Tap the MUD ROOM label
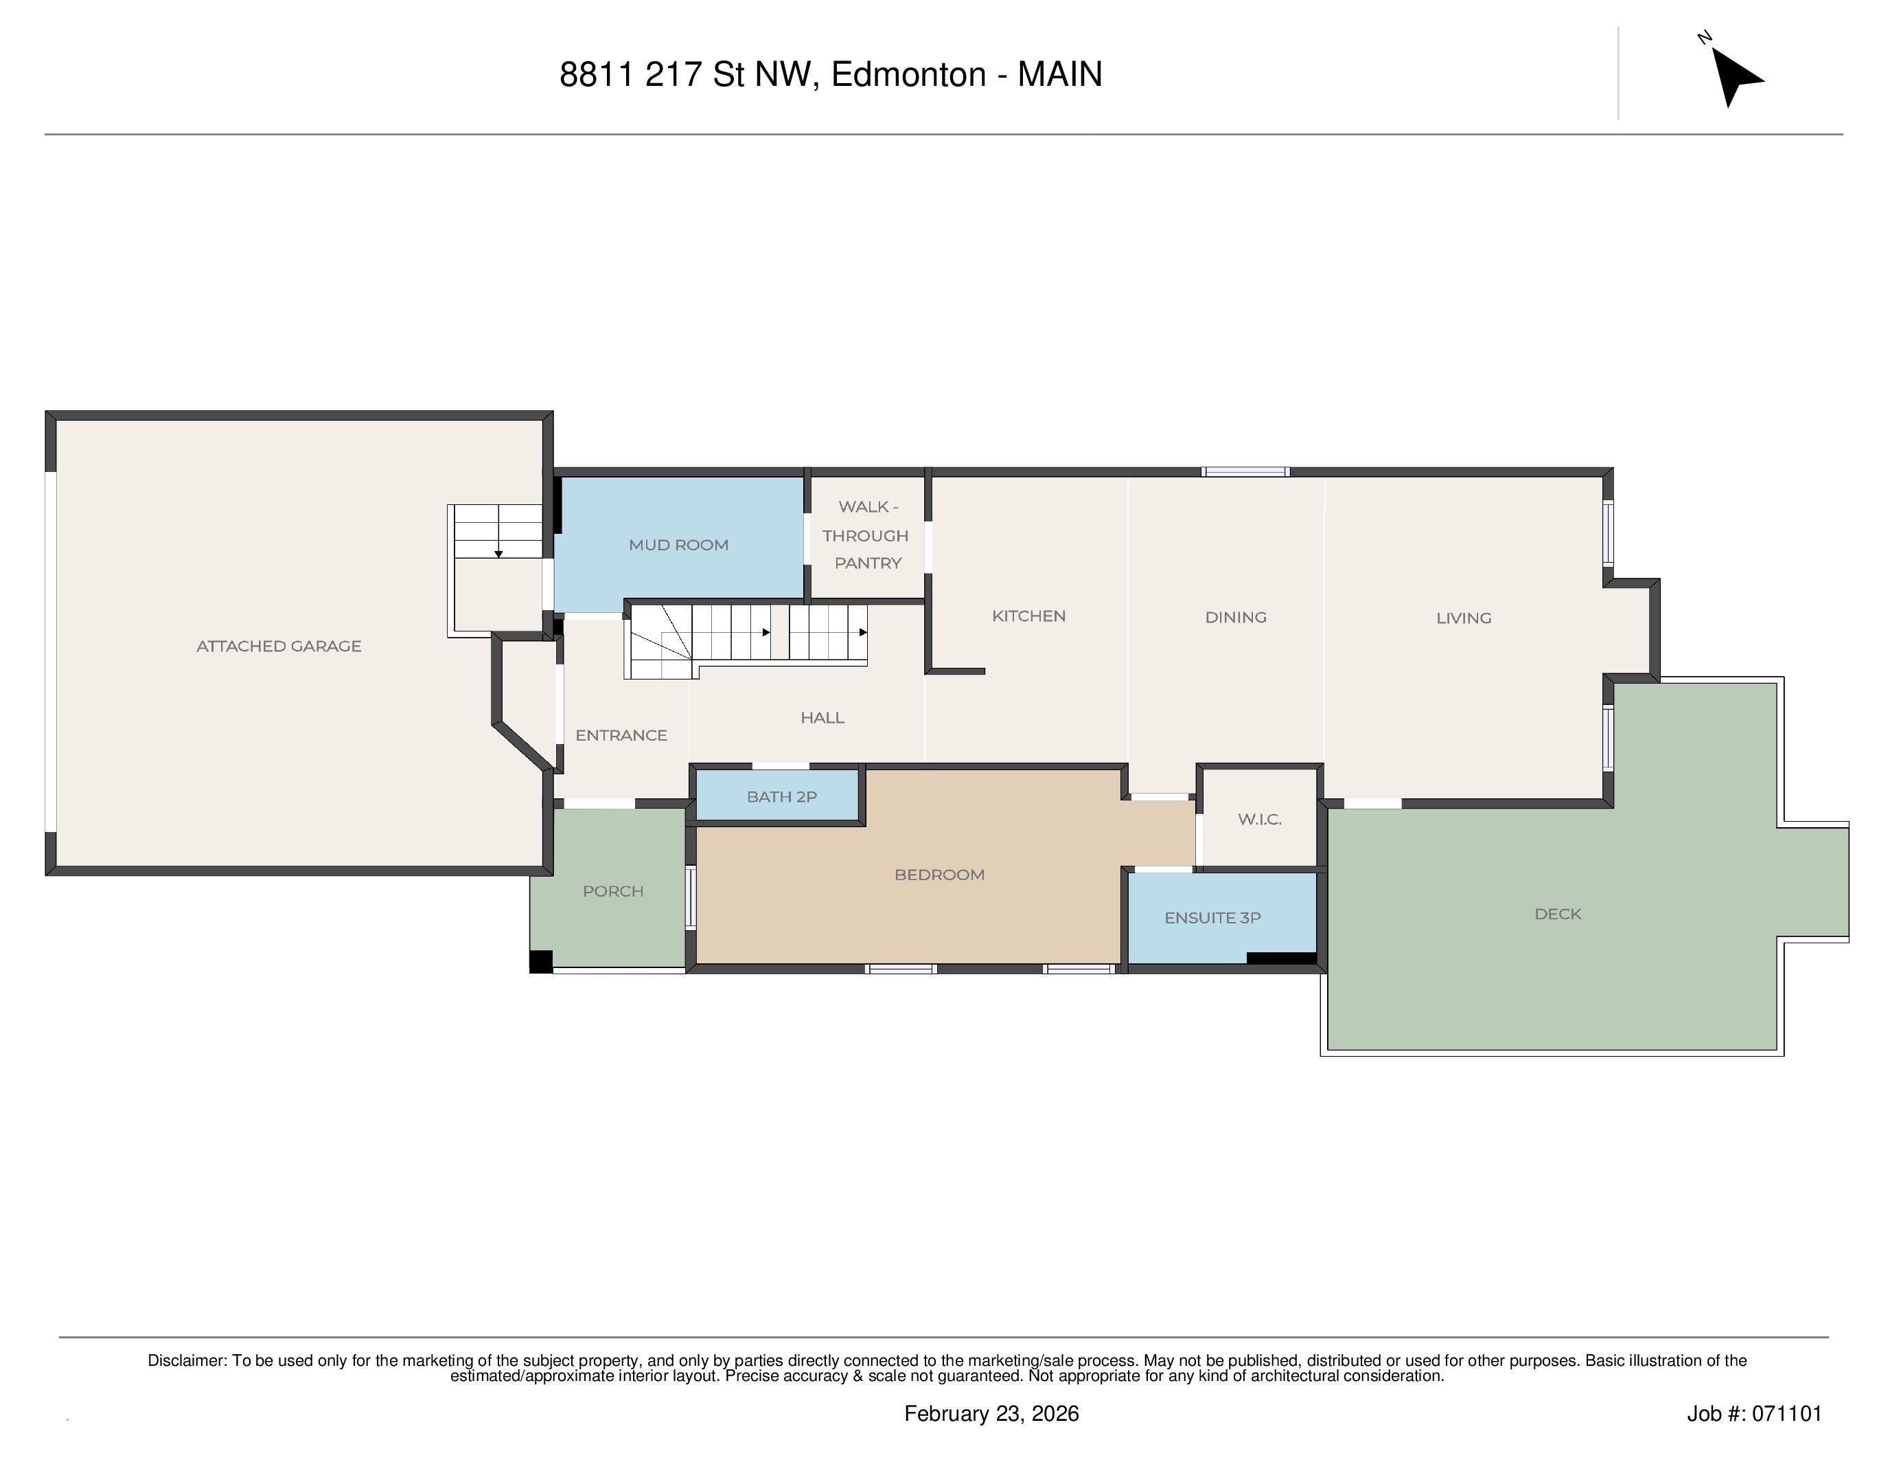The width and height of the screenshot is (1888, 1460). (678, 545)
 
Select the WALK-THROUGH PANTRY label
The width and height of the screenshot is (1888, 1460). (866, 535)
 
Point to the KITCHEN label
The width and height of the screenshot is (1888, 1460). (1028, 616)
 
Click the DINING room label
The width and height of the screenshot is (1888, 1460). (1235, 617)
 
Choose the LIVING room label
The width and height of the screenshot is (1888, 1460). (1464, 618)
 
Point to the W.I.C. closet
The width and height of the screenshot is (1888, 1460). (1260, 818)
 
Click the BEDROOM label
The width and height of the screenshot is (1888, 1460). (940, 875)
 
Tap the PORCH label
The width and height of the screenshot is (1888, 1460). (613, 891)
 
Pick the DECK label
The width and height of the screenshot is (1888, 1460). (1558, 913)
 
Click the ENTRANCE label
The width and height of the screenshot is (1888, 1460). (621, 735)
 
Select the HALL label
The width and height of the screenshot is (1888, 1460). (822, 717)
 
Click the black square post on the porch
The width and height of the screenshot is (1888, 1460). (541, 962)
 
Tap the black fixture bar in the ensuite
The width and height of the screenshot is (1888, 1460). (1281, 958)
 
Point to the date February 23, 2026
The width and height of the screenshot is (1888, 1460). (991, 1413)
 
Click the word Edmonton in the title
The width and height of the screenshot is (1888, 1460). (908, 74)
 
